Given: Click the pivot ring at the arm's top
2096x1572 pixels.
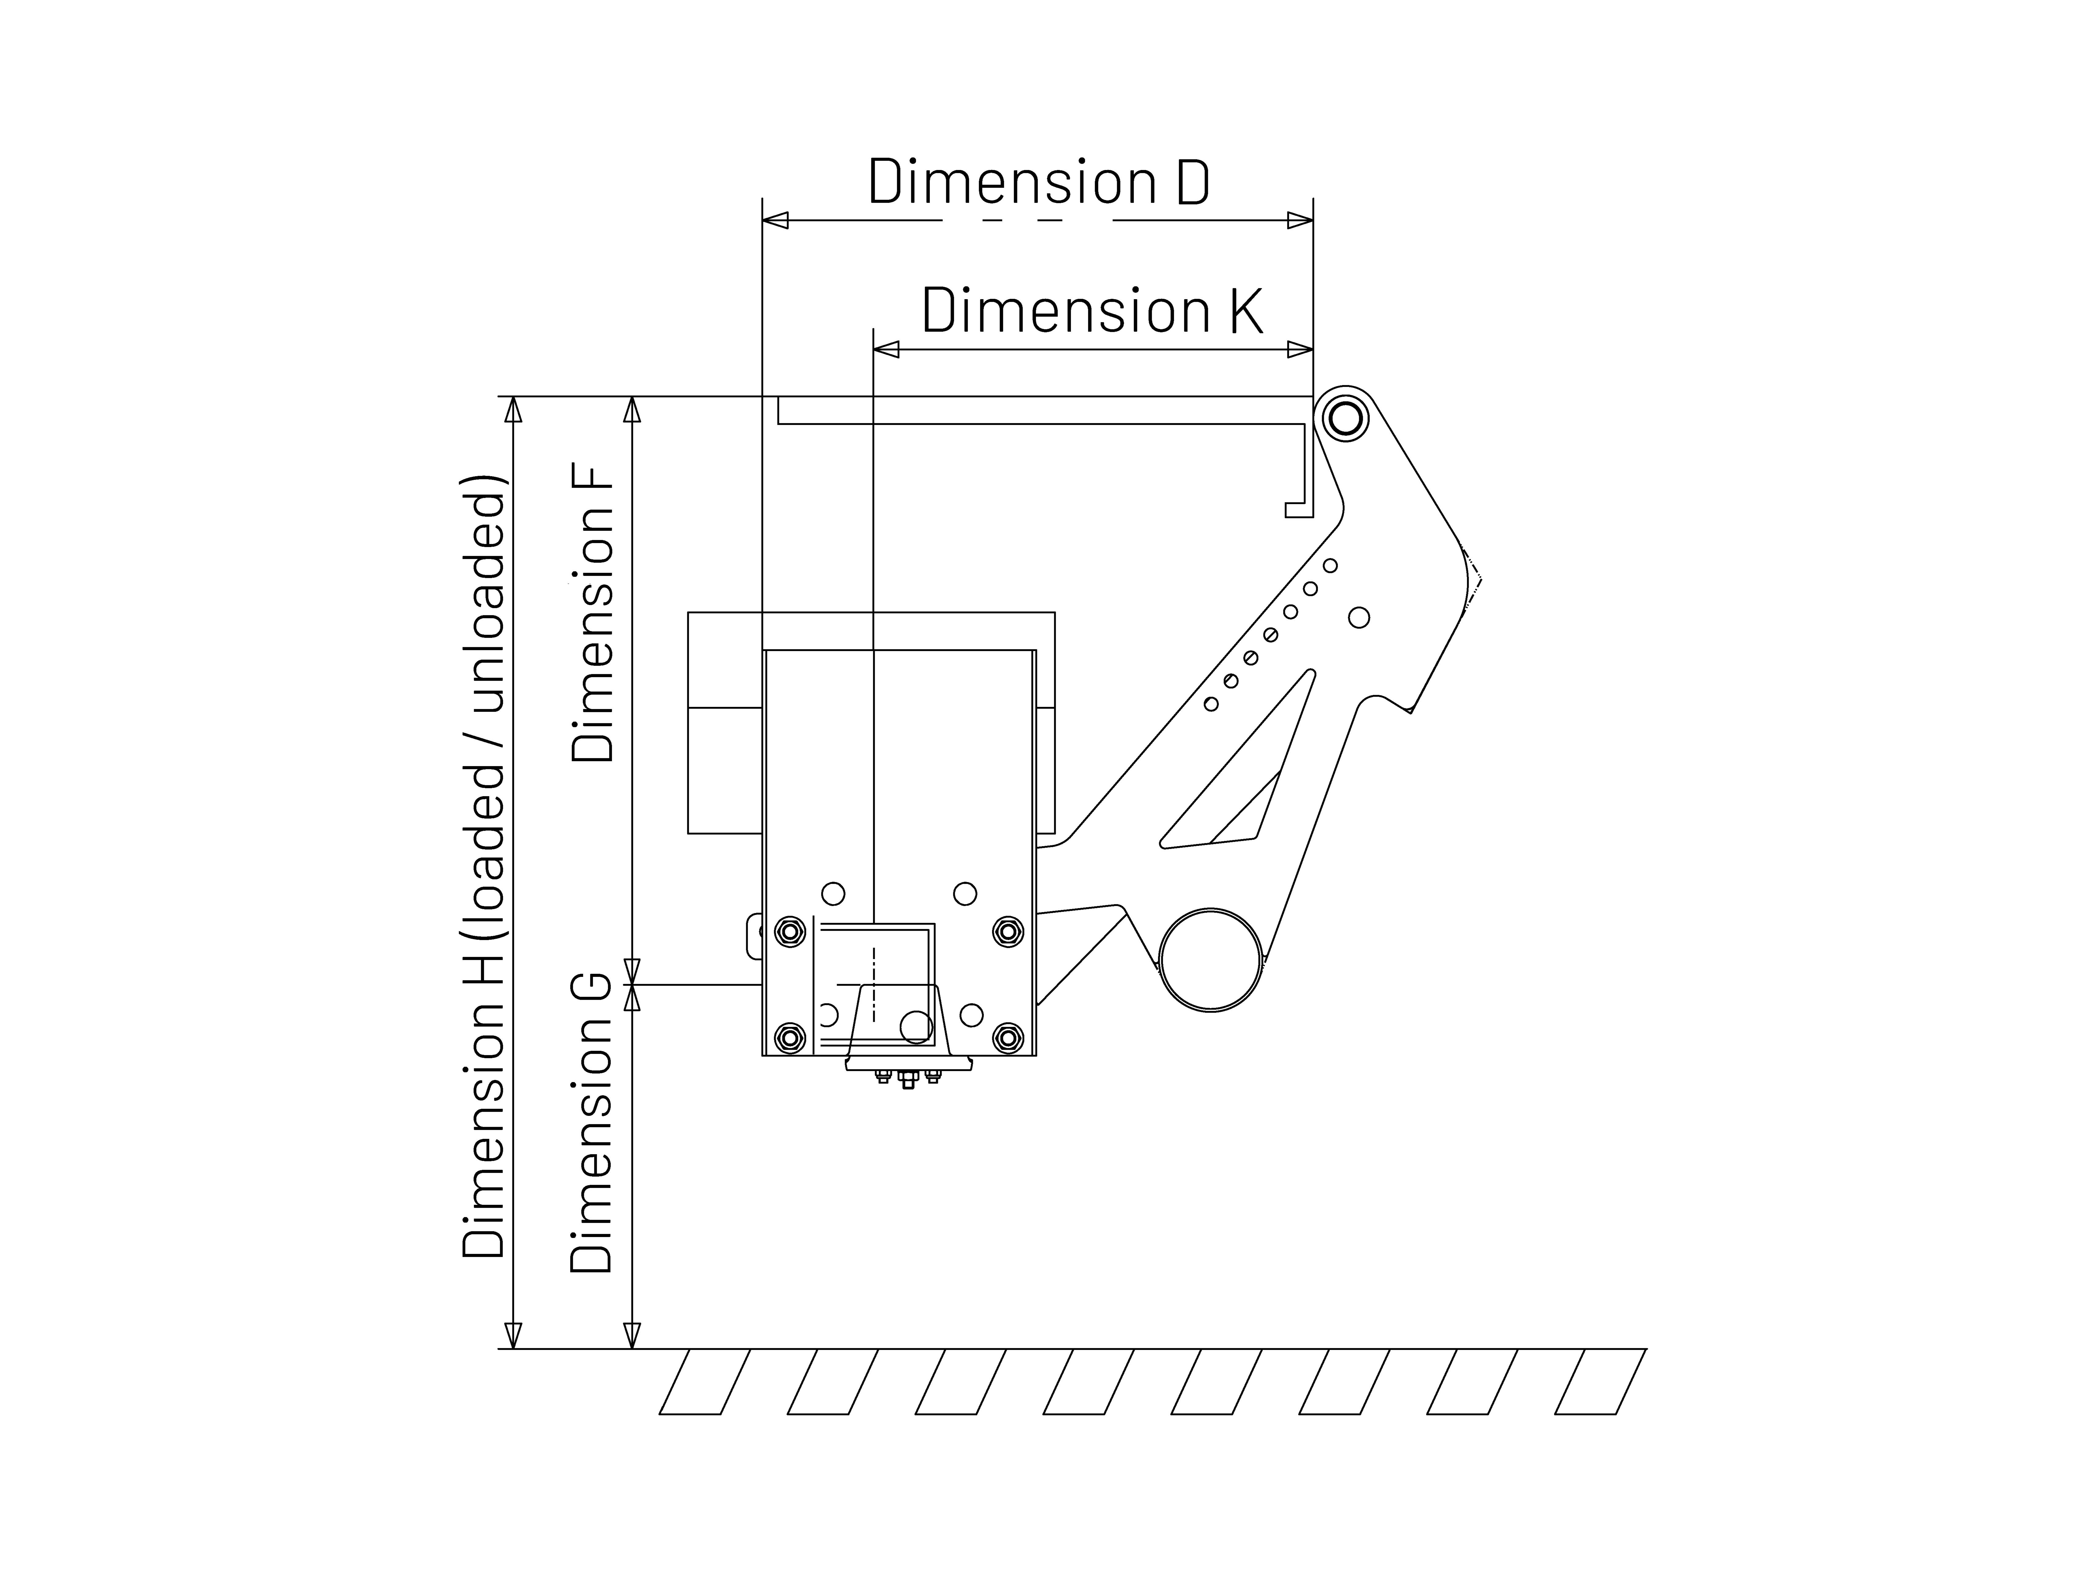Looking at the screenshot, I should click(1345, 418).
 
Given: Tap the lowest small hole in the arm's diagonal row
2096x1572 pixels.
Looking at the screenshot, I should click(1211, 704).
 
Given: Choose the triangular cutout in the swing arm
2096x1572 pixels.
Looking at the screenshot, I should click(1241, 777).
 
